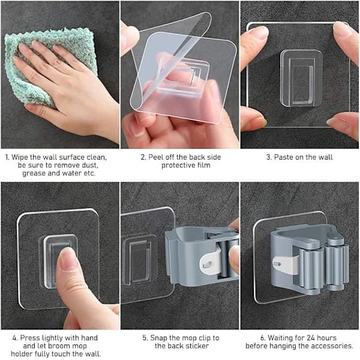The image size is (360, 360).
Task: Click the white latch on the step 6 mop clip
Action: click(x=286, y=265)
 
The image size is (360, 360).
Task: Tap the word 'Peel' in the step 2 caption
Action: click(x=156, y=157)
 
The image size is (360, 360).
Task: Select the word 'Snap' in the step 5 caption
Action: click(x=158, y=338)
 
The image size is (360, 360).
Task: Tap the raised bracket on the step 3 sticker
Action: click(x=301, y=79)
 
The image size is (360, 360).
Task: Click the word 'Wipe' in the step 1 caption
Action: click(x=20, y=158)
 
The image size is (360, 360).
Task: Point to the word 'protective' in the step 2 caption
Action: click(x=178, y=166)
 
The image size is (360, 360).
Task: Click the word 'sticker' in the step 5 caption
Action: click(x=197, y=346)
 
